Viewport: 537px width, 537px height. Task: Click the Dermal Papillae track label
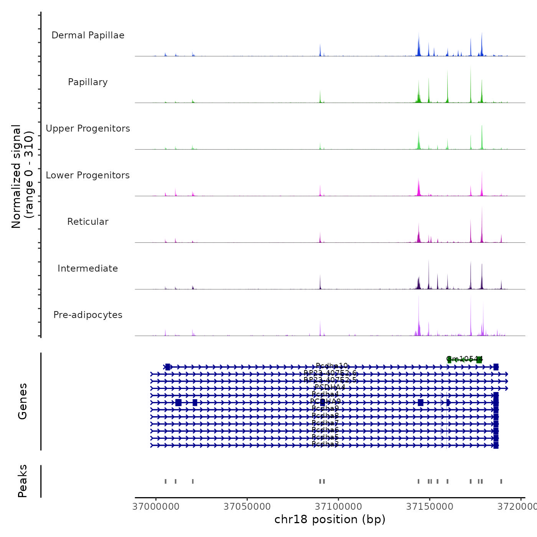88,35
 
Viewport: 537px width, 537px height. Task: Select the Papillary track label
88,82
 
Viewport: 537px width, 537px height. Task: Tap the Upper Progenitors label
88,128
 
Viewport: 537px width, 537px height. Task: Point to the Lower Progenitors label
88,175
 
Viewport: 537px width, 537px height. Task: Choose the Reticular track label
88,222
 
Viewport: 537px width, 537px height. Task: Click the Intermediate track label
88,268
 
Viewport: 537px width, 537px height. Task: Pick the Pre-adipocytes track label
88,315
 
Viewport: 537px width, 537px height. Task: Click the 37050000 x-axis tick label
247,507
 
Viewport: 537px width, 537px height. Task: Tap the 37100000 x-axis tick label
338,507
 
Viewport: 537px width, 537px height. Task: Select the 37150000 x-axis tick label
430,507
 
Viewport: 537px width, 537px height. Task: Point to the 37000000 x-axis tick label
156,507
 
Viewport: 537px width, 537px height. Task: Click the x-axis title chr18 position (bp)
330,519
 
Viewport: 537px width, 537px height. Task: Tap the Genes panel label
23,401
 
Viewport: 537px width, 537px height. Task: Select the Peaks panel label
23,481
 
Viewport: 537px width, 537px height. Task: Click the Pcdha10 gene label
332,366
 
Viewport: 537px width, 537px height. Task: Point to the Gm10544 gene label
464,359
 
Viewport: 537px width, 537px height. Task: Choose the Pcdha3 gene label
325,444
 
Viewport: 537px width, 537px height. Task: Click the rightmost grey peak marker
501,481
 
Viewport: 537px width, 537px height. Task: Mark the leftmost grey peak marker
166,481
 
